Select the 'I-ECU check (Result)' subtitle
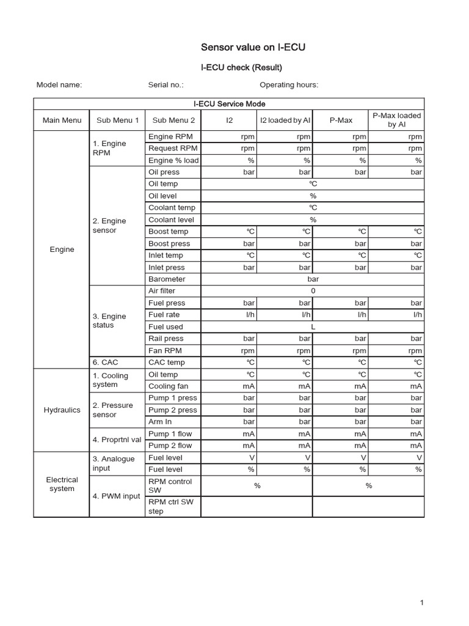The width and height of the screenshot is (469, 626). [x=241, y=67]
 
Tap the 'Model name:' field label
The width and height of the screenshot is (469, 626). [x=59, y=85]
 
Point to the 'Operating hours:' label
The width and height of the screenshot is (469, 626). [x=289, y=85]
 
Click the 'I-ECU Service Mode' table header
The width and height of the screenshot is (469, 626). [x=229, y=104]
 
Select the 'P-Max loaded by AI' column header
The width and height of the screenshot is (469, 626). [x=396, y=120]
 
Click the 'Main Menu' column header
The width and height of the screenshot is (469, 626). [x=62, y=120]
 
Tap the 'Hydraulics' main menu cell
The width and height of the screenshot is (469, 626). [x=62, y=410]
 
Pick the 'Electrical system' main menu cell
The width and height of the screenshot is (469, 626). [x=62, y=484]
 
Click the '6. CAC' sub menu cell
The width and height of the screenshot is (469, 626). [x=105, y=363]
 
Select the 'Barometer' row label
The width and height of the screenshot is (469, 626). [x=167, y=279]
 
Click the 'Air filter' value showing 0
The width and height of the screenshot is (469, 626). [x=313, y=291]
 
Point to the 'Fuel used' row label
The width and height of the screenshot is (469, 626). [x=165, y=327]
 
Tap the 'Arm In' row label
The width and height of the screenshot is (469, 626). [x=160, y=422]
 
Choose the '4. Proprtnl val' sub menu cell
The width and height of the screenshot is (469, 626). [x=117, y=440]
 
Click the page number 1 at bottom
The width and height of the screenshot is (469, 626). [x=421, y=603]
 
